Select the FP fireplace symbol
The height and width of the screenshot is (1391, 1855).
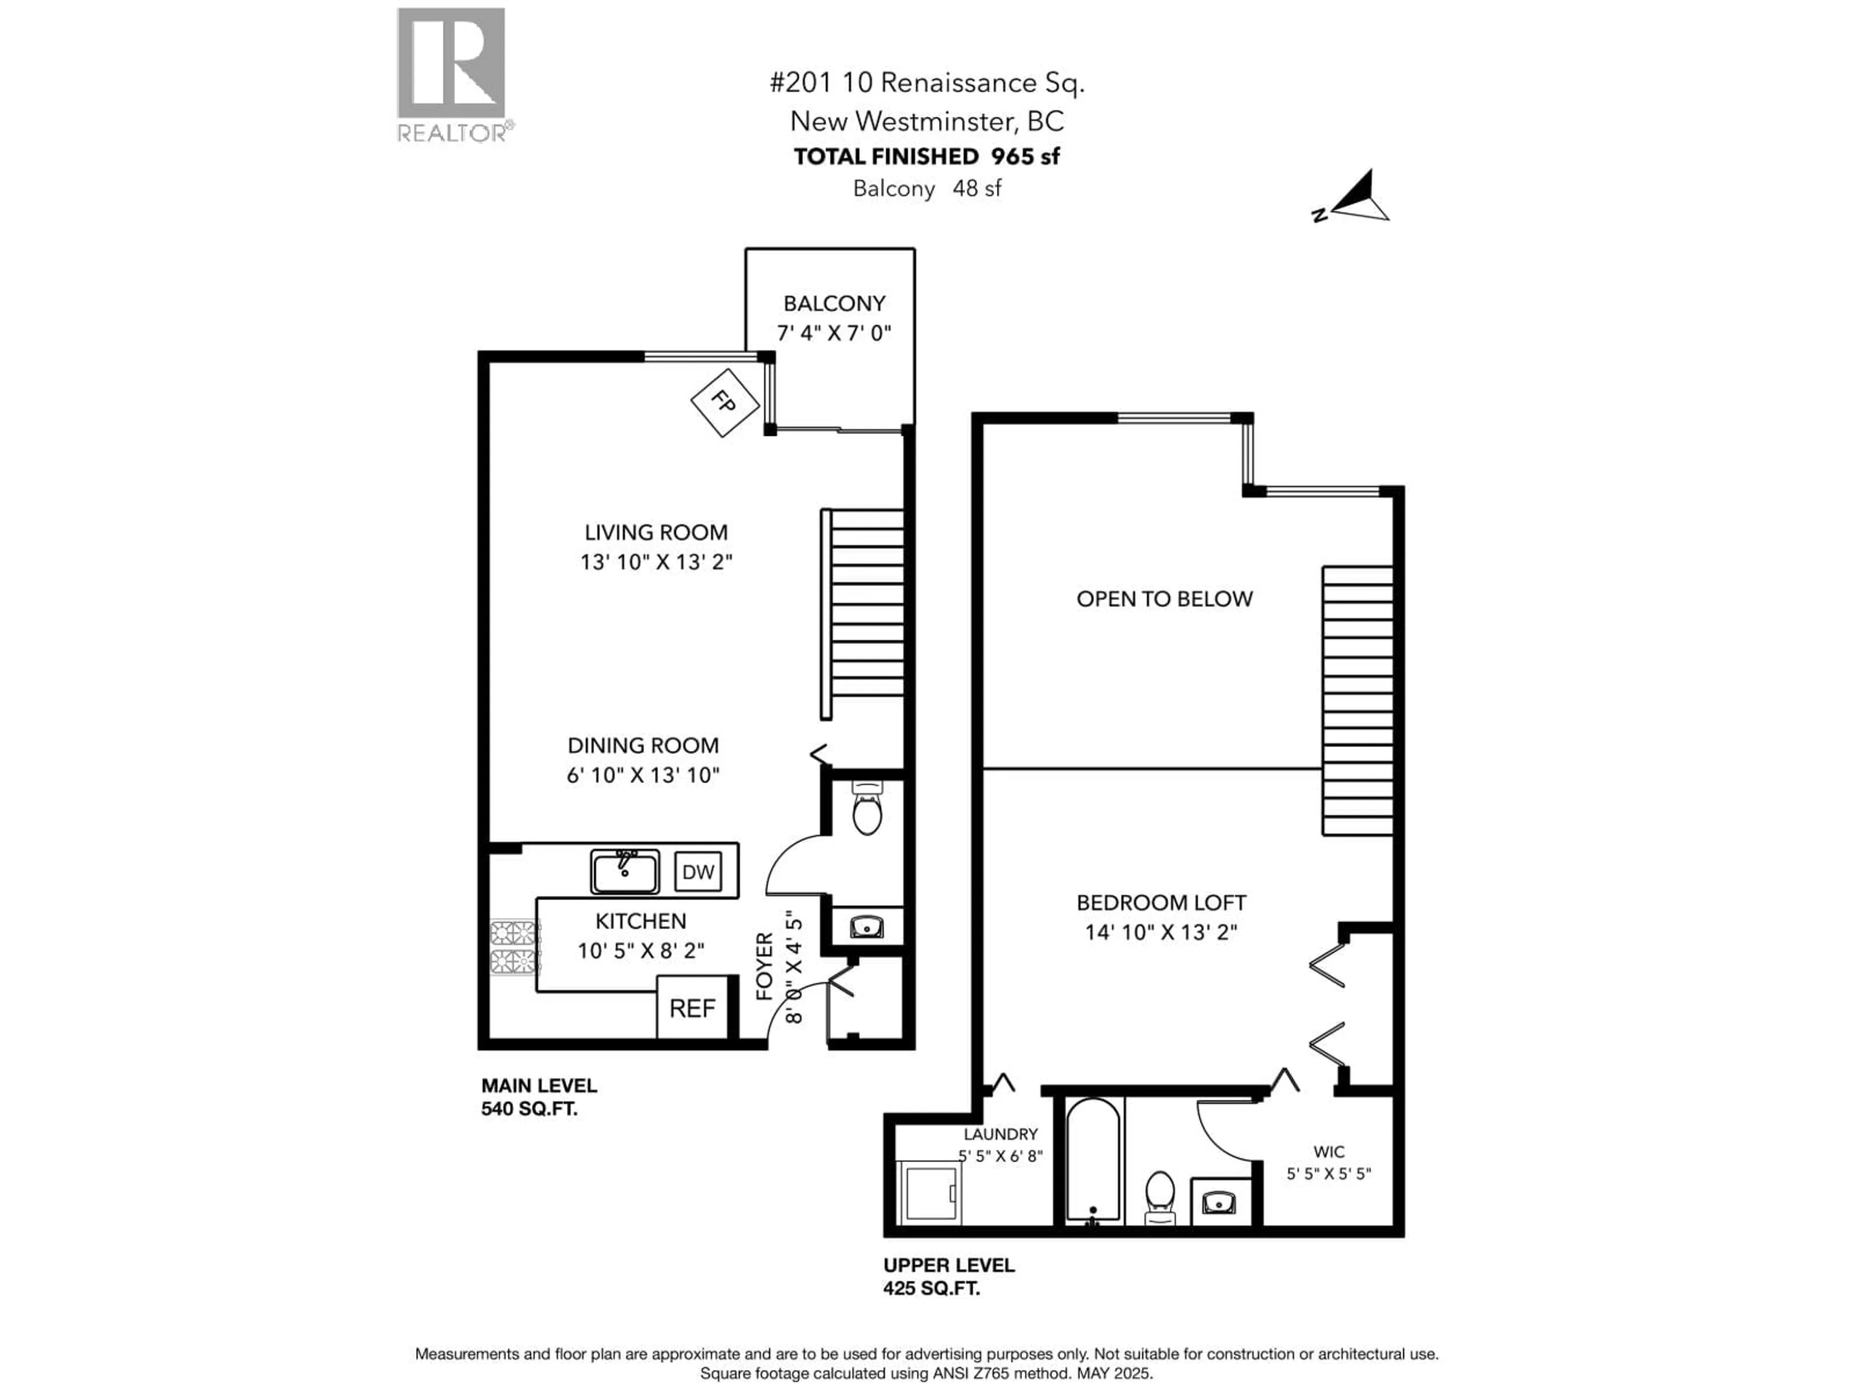pos(725,402)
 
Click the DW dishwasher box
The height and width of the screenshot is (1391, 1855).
pos(698,872)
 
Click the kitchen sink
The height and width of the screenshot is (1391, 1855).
pos(625,872)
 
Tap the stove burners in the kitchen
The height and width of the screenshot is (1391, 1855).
pos(513,948)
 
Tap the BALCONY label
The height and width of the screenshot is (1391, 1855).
pos(834,303)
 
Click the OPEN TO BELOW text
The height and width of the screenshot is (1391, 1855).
pos(1164,598)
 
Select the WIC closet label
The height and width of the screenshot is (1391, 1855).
pos(1328,1152)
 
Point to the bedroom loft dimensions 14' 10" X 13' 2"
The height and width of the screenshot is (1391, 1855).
pos(1161,932)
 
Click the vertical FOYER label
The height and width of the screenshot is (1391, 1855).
pos(764,966)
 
